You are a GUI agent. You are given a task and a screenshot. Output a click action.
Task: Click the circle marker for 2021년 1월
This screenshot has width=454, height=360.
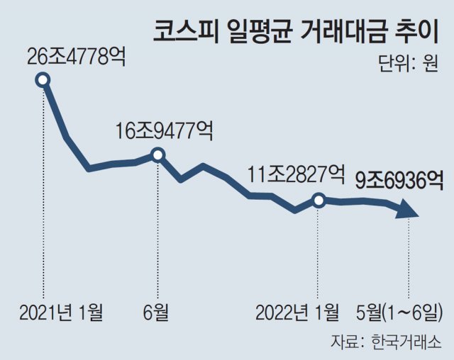pyautogui.click(x=43, y=80)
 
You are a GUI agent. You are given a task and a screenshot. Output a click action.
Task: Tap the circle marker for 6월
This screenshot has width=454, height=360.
pyautogui.click(x=158, y=154)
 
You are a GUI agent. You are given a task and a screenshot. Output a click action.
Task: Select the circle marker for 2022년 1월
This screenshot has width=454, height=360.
pyautogui.click(x=318, y=200)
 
